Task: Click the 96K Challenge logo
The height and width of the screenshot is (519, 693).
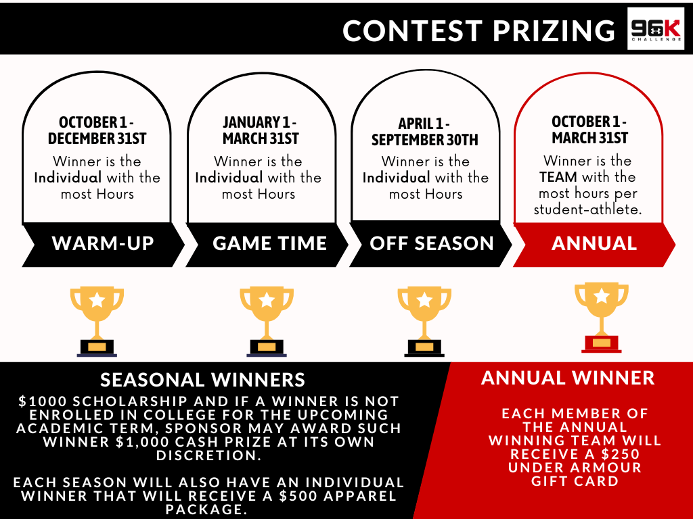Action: click(655, 28)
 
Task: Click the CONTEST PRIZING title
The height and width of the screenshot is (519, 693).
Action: click(478, 31)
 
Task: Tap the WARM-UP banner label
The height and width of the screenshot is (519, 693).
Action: click(103, 243)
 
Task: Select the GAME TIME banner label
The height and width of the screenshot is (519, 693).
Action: click(269, 243)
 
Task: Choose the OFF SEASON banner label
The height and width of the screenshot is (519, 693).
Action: click(431, 243)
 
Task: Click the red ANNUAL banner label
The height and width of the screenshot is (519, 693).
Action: click(594, 243)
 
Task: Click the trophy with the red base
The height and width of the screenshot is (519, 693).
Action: click(602, 318)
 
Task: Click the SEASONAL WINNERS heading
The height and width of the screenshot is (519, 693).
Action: click(202, 380)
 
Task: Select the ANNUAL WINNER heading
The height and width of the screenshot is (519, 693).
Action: click(568, 378)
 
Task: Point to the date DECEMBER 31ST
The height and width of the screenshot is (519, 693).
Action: click(97, 139)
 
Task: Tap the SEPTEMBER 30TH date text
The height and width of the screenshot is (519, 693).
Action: click(425, 140)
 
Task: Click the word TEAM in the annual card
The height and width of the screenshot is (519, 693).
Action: click(558, 177)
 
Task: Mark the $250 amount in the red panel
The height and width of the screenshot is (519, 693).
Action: click(619, 454)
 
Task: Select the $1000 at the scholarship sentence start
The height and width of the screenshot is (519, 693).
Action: click(43, 401)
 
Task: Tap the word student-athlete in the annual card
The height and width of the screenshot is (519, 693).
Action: click(588, 209)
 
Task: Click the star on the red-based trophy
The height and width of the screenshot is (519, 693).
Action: click(602, 296)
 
